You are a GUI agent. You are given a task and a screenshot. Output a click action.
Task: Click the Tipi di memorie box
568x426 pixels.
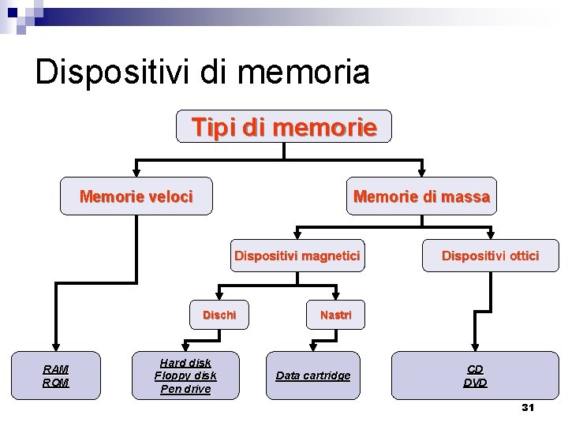pyautogui.click(x=283, y=126)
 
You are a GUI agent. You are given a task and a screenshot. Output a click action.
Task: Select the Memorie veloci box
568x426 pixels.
pyautogui.click(x=136, y=197)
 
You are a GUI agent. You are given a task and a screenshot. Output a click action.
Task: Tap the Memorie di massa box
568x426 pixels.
pyautogui.click(x=421, y=197)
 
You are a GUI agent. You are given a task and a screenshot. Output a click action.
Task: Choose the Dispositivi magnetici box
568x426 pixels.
pyautogui.click(x=297, y=256)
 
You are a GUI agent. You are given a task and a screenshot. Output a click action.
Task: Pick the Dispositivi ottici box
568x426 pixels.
pyautogui.click(x=490, y=256)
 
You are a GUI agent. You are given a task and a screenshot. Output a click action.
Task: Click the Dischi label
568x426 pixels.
pyautogui.click(x=219, y=315)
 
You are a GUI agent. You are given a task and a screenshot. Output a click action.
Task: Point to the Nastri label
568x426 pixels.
pyautogui.click(x=336, y=315)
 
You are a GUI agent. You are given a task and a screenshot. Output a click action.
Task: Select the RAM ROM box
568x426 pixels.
pyautogui.click(x=56, y=376)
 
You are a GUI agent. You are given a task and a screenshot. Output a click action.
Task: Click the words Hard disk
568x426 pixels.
pyautogui.click(x=185, y=363)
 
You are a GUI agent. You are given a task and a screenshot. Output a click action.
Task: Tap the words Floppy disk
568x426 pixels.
pyautogui.click(x=185, y=376)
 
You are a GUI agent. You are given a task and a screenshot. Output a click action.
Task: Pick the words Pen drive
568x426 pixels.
pyautogui.click(x=185, y=389)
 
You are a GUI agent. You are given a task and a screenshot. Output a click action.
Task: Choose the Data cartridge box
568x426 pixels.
pyautogui.click(x=313, y=376)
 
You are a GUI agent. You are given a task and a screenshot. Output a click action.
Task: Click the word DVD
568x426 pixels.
pyautogui.click(x=475, y=383)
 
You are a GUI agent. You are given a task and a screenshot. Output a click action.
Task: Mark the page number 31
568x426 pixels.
pyautogui.click(x=528, y=408)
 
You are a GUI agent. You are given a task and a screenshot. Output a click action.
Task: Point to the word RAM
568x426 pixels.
pyautogui.click(x=56, y=369)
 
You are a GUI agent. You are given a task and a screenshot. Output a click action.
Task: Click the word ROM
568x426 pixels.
pyautogui.click(x=56, y=383)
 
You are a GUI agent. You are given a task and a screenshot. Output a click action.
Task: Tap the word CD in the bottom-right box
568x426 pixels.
pyautogui.click(x=475, y=369)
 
